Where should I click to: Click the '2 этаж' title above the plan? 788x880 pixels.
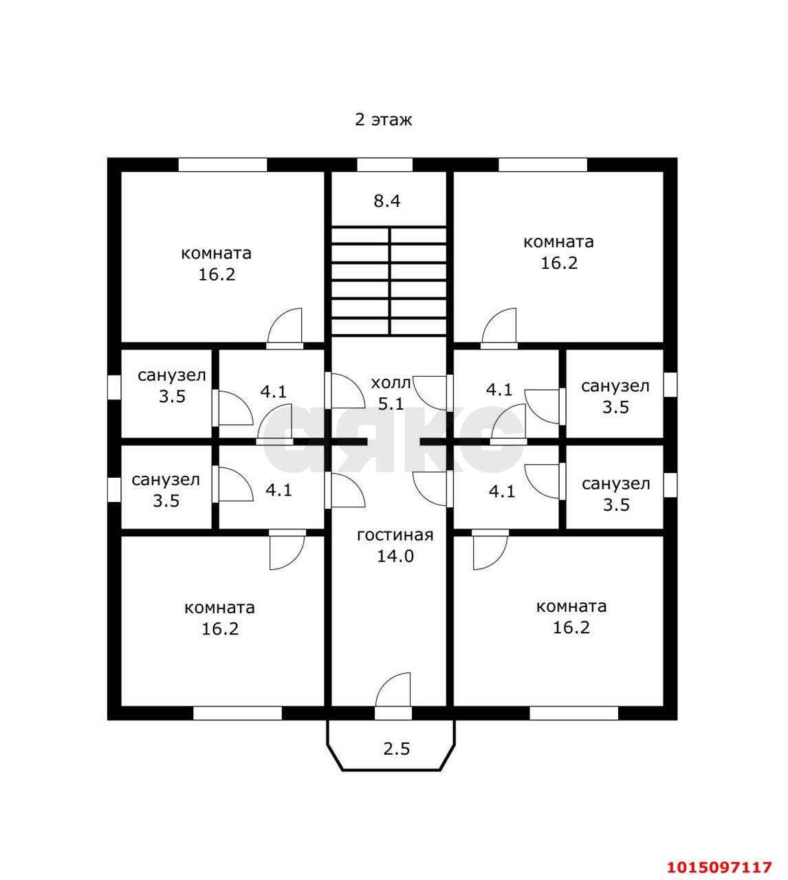pos(383,120)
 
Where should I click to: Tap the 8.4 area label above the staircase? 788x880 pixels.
pos(387,201)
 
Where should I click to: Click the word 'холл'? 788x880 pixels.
pos(391,383)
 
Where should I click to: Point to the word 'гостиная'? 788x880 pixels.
pos(395,536)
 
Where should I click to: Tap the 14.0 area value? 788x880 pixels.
pos(395,556)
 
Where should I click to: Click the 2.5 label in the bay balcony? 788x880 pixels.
pos(397,749)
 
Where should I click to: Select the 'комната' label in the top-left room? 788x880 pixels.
pos(216,253)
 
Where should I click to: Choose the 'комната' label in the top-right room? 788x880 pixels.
pos(558,242)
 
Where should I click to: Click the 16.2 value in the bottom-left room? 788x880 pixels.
pos(220,629)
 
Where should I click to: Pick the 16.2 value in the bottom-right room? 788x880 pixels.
pos(571,628)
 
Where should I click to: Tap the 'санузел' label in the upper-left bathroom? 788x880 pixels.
pos(172,375)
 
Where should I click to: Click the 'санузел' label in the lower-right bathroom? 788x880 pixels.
pos(615,484)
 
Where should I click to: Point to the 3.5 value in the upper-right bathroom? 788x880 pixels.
pos(615,407)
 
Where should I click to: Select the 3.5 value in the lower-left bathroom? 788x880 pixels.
pos(166,500)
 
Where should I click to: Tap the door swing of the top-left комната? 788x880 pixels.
pos(285,327)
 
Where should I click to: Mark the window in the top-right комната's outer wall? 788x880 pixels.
pos(543,165)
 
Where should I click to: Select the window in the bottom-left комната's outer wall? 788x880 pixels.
pos(237,713)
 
